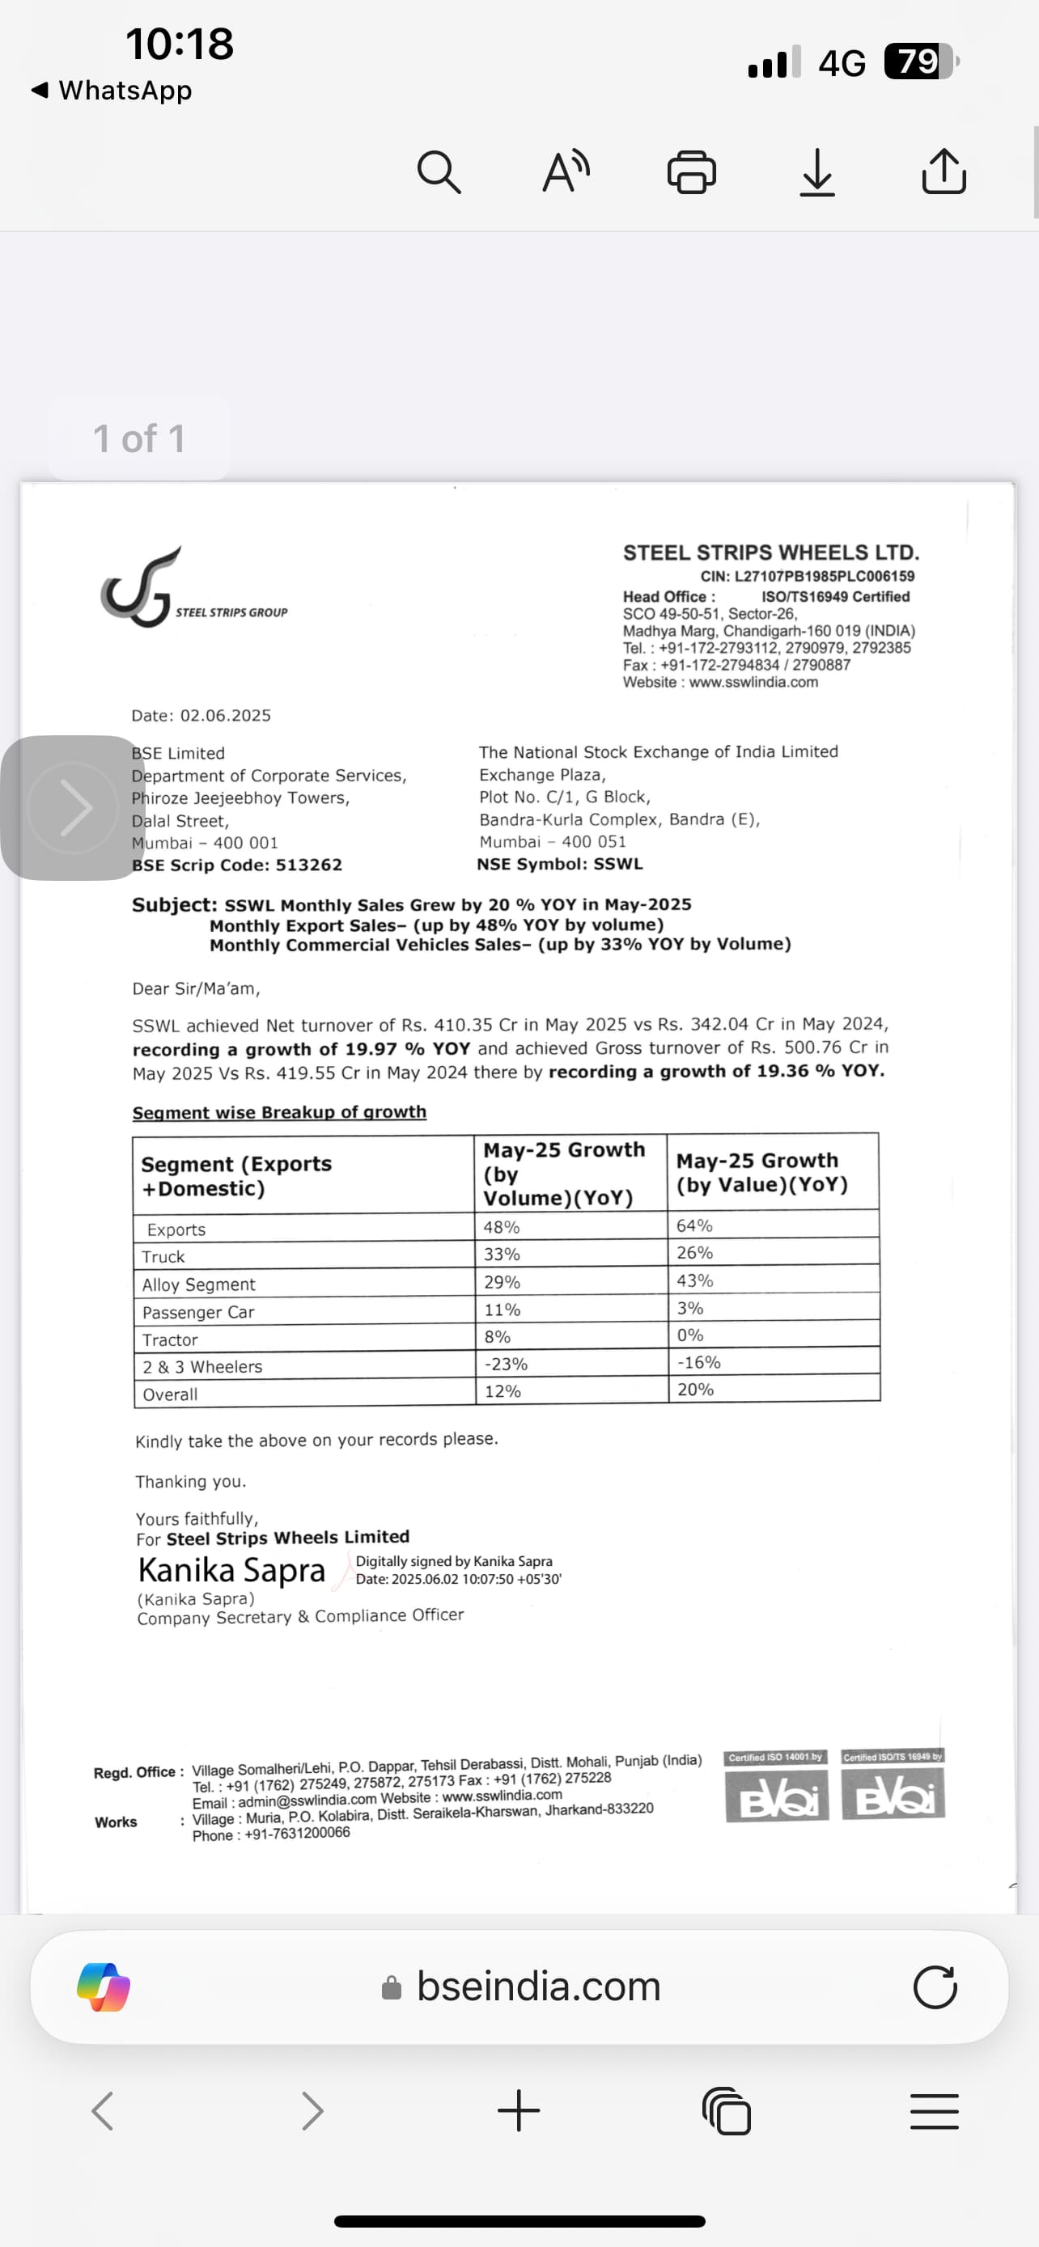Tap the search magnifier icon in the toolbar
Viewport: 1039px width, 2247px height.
coord(439,171)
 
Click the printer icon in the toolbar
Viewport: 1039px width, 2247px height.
coord(692,171)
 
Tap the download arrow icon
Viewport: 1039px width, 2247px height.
coord(817,171)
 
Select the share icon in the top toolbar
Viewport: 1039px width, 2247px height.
coord(944,171)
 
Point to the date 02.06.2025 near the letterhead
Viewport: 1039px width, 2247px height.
coord(225,716)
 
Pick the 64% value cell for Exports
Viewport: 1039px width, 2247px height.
coord(694,1225)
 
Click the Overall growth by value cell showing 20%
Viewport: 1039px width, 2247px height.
coord(695,1390)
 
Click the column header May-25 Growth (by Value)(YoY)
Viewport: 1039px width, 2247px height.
coord(761,1172)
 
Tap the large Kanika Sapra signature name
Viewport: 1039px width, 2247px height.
coord(231,1571)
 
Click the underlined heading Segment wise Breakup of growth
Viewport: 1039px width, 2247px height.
coord(279,1112)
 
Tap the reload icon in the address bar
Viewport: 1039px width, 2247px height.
coord(935,1987)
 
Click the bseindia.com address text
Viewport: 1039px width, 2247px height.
coord(538,1987)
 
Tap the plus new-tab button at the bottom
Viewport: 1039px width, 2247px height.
coord(519,2111)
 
